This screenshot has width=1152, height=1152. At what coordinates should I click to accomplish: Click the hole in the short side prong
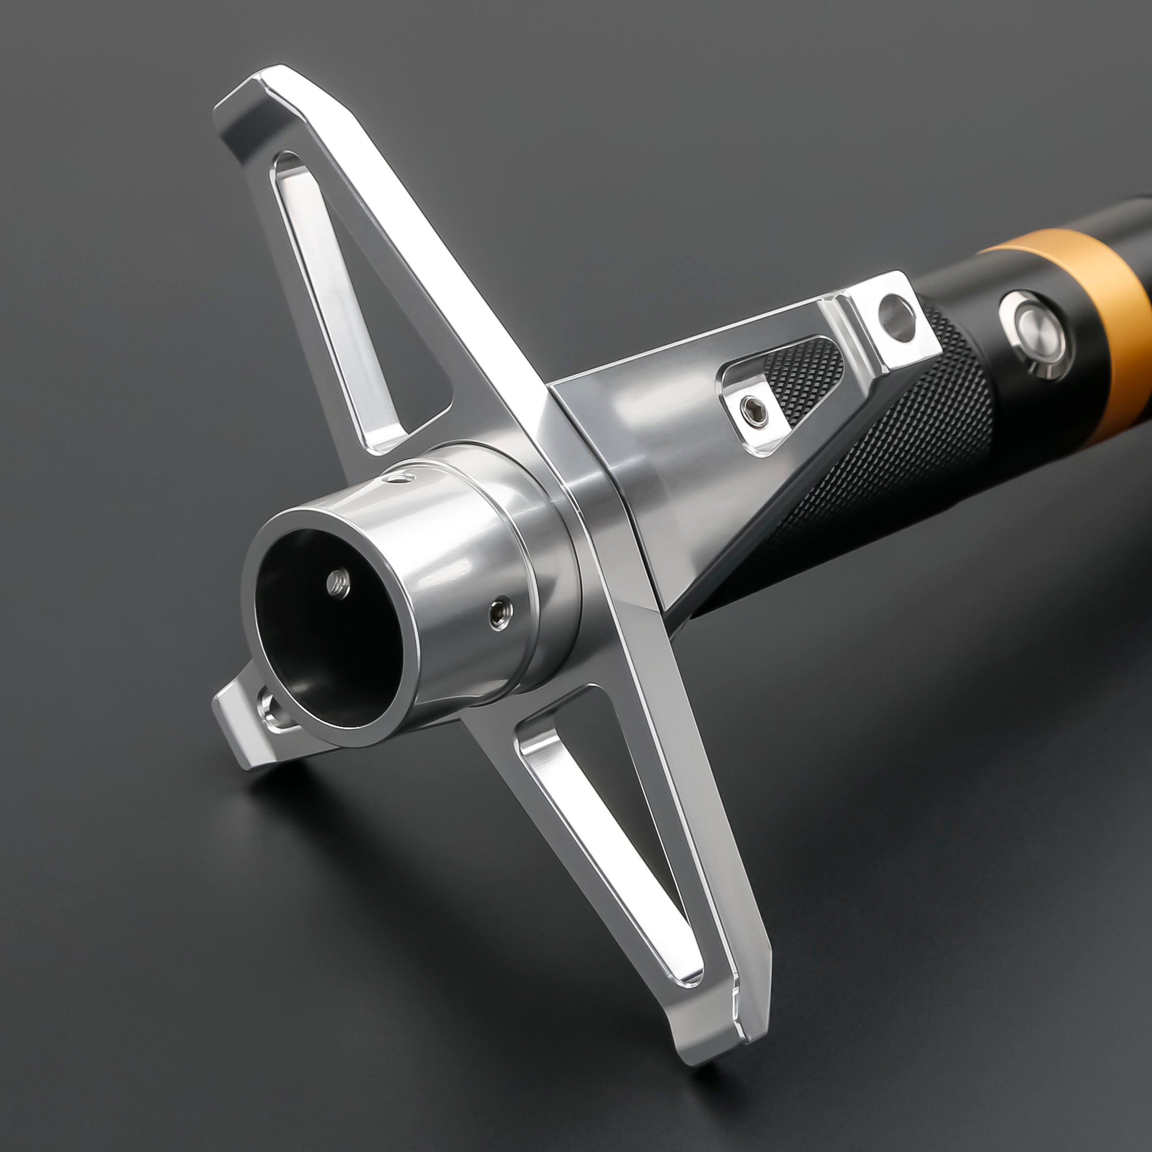pos(272,709)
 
